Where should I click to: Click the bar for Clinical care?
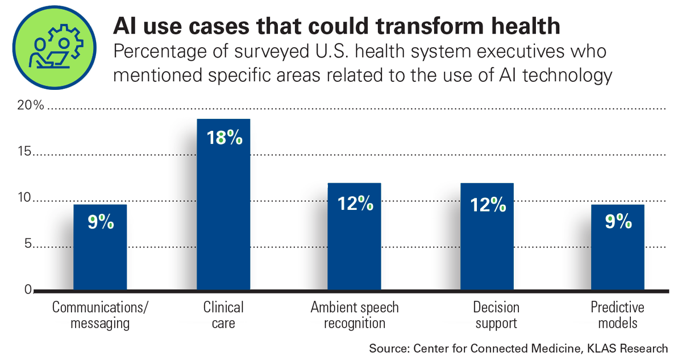[x=223, y=205]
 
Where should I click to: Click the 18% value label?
[x=223, y=138]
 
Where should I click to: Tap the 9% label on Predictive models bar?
[x=618, y=221]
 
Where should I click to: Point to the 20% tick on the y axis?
[x=22, y=106]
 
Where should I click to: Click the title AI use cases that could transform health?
[x=337, y=26]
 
